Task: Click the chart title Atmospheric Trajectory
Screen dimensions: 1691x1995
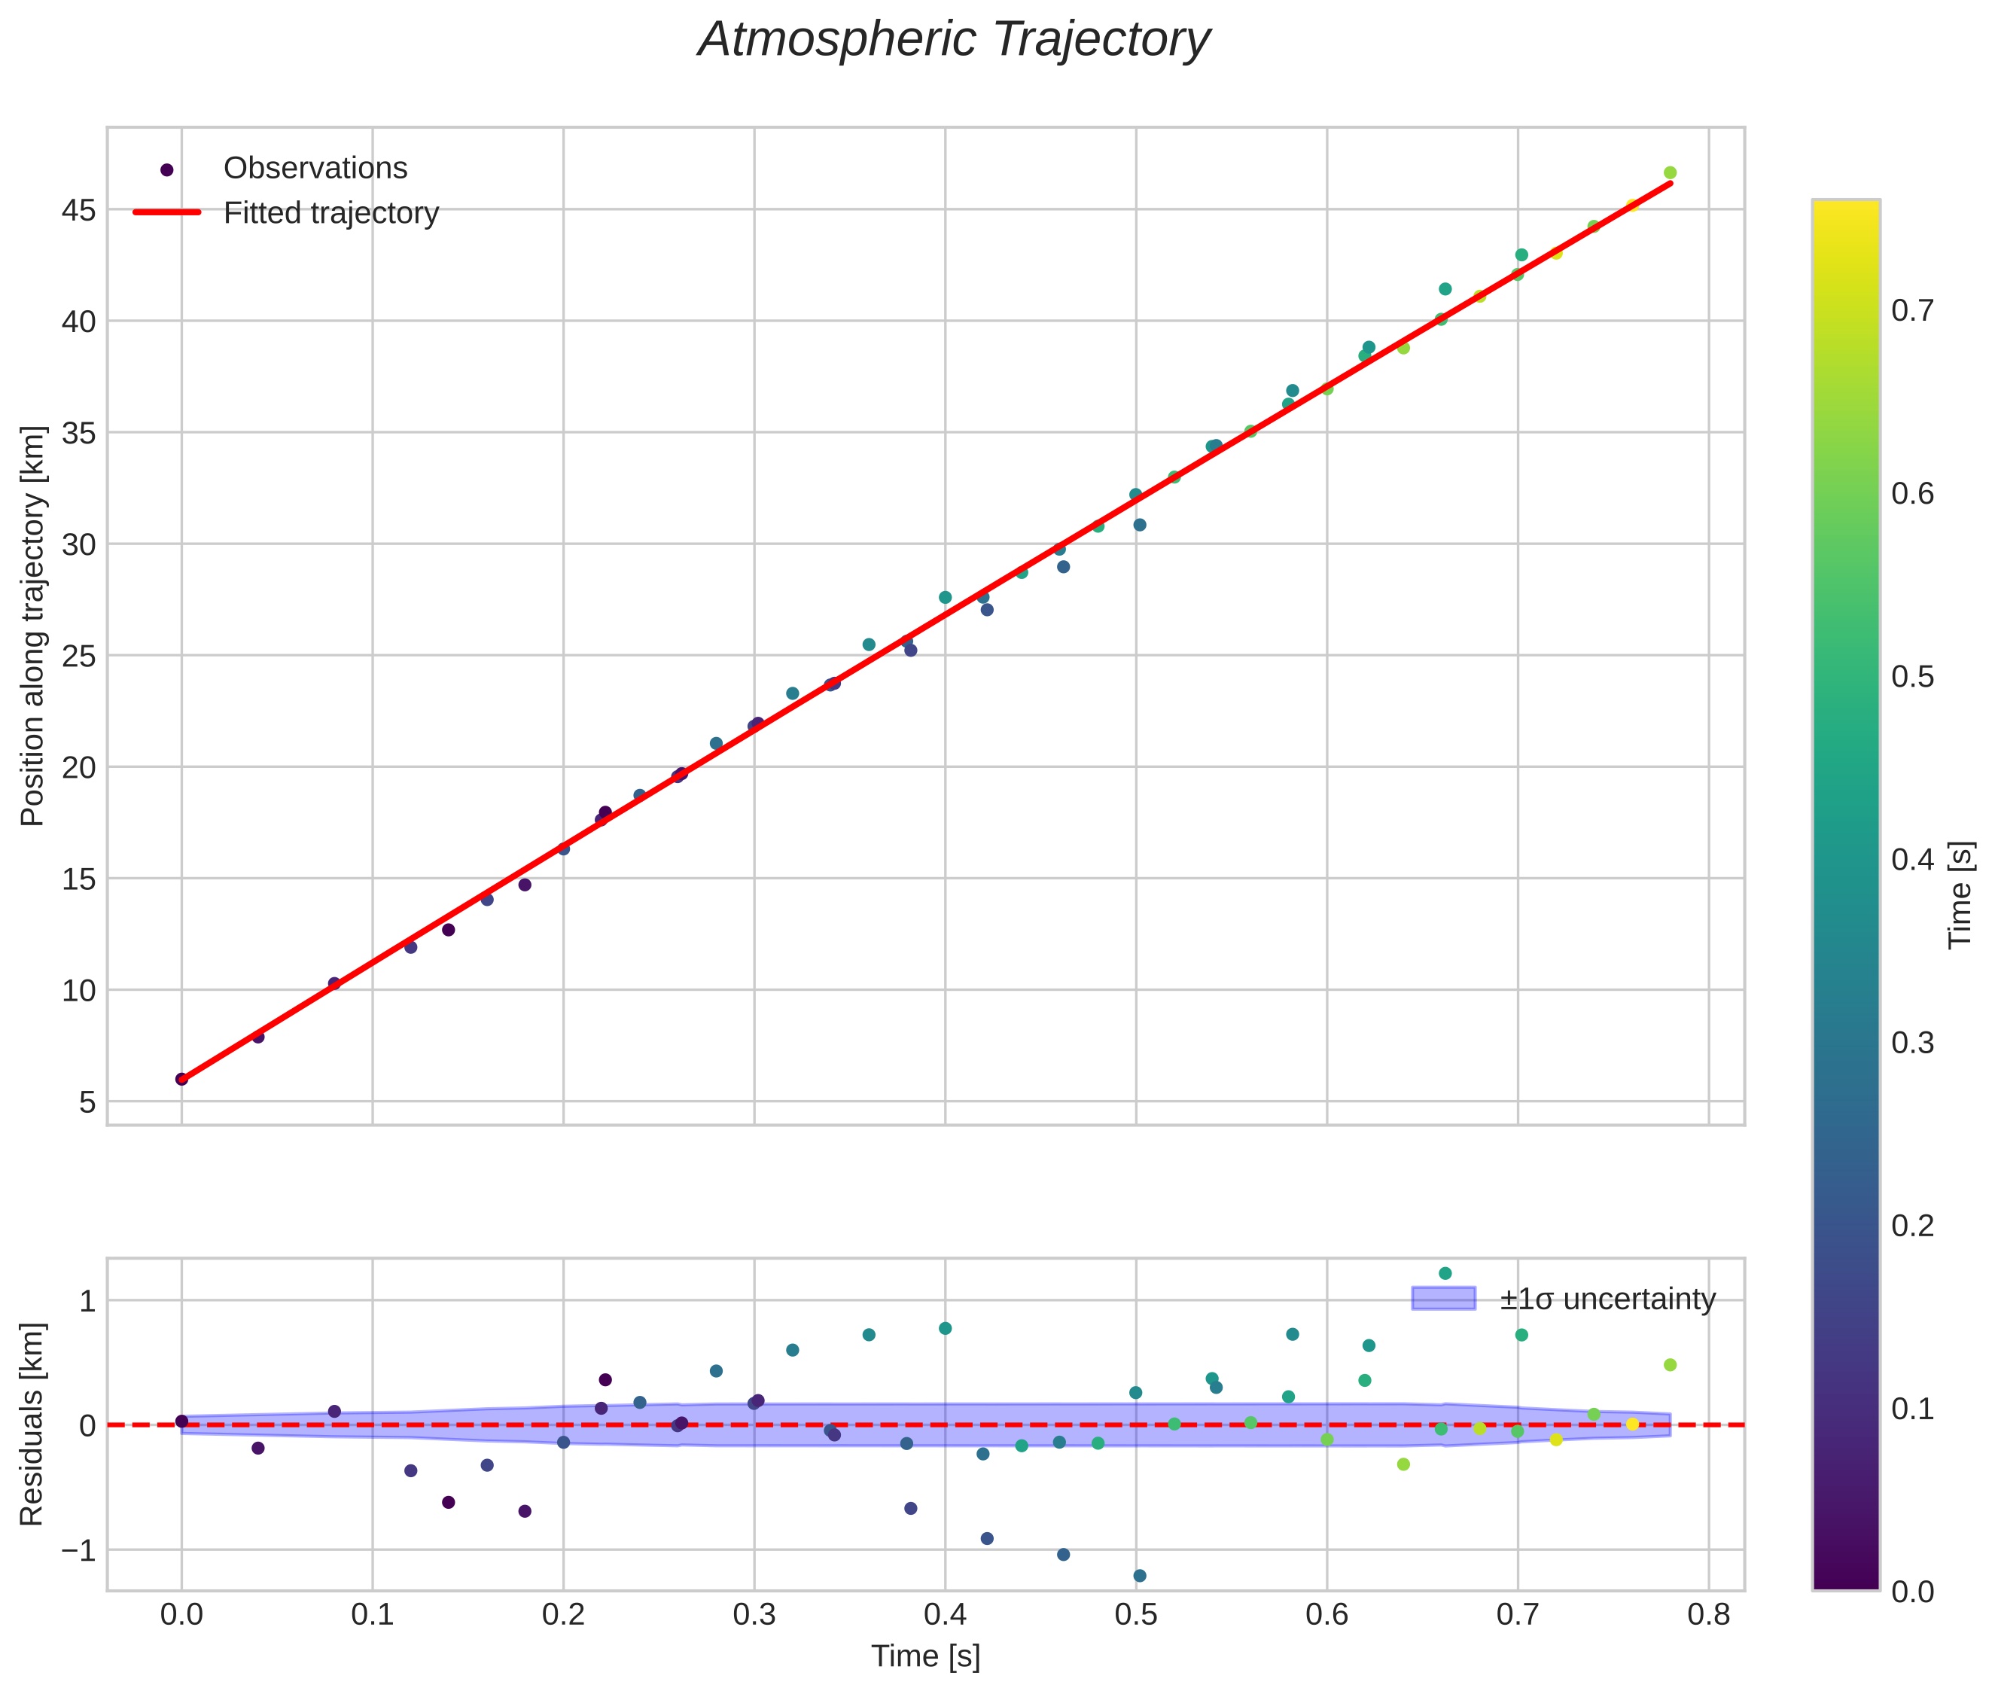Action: tap(953, 40)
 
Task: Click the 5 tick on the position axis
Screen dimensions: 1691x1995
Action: tap(87, 1102)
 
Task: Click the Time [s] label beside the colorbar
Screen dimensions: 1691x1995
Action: tap(1961, 894)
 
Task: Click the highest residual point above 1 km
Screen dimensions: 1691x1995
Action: tap(1445, 1273)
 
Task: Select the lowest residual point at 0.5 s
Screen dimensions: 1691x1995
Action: tap(1140, 1575)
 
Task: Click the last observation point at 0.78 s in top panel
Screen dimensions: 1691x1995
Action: tap(1670, 172)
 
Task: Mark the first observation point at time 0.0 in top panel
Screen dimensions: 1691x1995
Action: tap(181, 1078)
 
